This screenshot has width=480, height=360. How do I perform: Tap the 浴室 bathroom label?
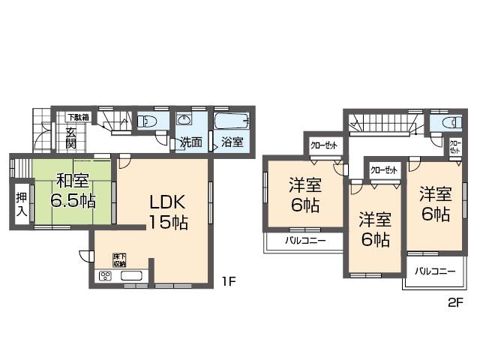point(232,142)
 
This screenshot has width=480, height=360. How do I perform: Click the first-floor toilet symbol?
point(147,121)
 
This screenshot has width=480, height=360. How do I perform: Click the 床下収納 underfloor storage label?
point(119,259)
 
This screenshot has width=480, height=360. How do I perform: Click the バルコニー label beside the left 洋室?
point(304,241)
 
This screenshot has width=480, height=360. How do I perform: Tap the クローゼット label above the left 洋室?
point(323,144)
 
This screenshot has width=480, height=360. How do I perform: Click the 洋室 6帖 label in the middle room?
point(373,229)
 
